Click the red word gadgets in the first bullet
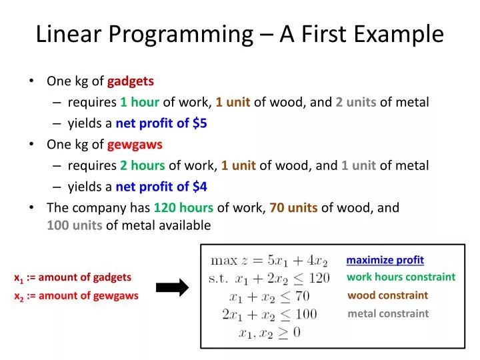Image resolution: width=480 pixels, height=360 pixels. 131,81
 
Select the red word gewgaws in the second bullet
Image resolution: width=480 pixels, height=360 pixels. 135,144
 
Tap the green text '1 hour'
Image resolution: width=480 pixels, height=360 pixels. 139,102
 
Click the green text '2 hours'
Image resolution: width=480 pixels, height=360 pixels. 142,165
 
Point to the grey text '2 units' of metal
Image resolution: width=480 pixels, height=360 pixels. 355,102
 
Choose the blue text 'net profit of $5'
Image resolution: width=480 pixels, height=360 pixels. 161,123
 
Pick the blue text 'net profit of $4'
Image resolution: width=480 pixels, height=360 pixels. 161,187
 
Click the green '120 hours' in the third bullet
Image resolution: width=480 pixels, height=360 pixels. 183,207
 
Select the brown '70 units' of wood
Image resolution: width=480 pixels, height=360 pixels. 293,207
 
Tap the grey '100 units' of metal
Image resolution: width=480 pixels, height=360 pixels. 74,225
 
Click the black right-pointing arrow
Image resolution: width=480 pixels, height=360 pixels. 172,287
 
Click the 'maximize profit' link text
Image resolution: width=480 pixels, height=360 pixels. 385,260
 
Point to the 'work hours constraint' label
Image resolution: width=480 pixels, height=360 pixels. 401,277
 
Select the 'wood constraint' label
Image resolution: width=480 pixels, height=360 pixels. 387,295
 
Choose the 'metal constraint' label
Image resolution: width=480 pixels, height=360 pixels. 388,313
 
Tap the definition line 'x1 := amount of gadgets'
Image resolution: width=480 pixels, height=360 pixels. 73,277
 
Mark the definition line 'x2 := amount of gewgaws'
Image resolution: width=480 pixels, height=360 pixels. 76,296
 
